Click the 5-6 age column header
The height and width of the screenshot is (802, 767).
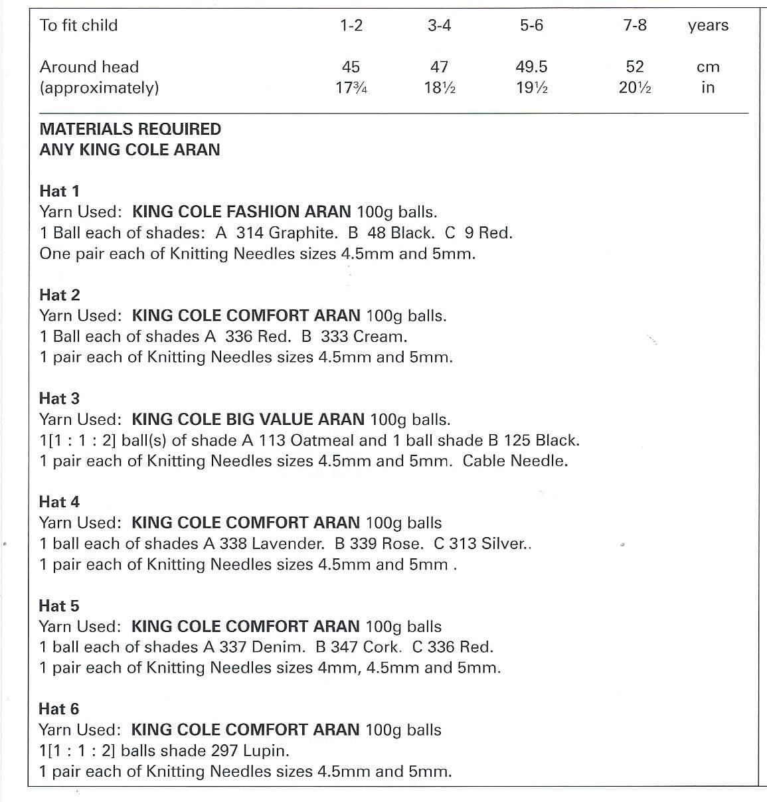(x=531, y=25)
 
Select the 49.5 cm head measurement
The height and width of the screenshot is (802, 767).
(x=531, y=66)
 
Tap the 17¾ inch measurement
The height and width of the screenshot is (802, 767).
(x=351, y=87)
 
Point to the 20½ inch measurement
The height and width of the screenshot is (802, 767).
(x=635, y=87)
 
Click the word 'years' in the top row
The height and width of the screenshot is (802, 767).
(x=708, y=26)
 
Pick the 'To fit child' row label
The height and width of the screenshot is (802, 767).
(x=78, y=25)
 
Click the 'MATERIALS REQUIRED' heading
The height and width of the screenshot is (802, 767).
(x=130, y=129)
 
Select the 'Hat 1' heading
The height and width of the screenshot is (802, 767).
(x=59, y=191)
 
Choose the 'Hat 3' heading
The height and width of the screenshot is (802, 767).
(x=59, y=398)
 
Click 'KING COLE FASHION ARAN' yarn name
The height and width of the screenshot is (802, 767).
(x=242, y=212)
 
